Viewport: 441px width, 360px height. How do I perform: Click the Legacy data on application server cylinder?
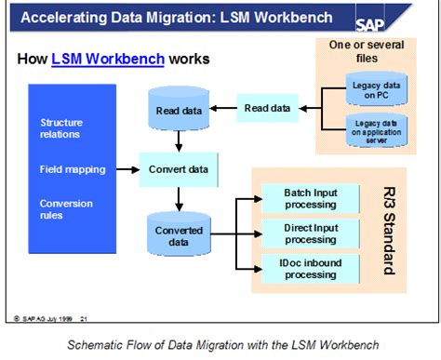pyautogui.click(x=377, y=129)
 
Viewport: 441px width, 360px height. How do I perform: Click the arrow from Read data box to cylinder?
pyautogui.click(x=221, y=109)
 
